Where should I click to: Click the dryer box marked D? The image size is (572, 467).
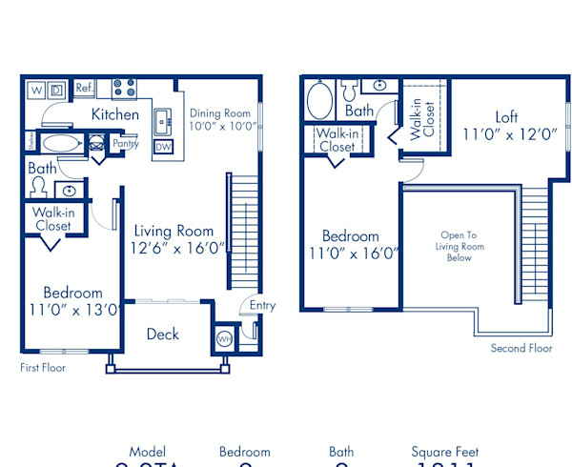tap(57, 91)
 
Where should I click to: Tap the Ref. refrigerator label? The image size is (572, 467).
tap(84, 89)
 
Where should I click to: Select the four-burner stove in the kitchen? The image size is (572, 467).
tap(123, 90)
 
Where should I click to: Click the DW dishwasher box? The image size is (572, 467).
tap(163, 147)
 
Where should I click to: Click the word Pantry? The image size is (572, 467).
tap(126, 145)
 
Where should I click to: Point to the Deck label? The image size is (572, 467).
tap(163, 335)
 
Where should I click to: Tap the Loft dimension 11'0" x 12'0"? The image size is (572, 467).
tap(510, 134)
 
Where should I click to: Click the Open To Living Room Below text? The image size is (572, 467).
tap(460, 246)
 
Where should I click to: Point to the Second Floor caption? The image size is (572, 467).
tap(521, 349)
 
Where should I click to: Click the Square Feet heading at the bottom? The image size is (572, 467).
tap(445, 452)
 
